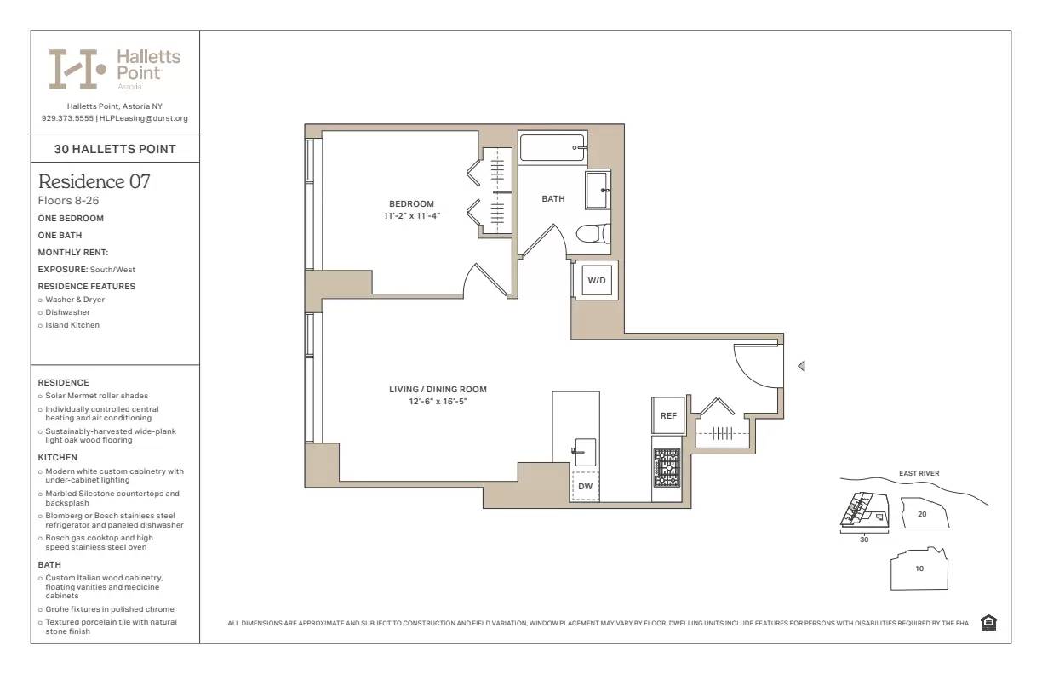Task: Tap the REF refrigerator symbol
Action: pyautogui.click(x=668, y=415)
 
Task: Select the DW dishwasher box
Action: pyautogui.click(x=585, y=486)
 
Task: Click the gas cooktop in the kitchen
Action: pyautogui.click(x=667, y=467)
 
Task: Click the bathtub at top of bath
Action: pyautogui.click(x=552, y=147)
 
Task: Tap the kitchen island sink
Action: pyautogui.click(x=585, y=451)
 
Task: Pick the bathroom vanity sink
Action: pyautogui.click(x=597, y=189)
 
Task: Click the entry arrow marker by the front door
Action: pyautogui.click(x=801, y=366)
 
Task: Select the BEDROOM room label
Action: pyautogui.click(x=411, y=203)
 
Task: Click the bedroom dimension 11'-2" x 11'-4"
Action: pyautogui.click(x=411, y=215)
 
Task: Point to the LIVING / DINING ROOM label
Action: pyautogui.click(x=438, y=390)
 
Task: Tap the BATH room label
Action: pyautogui.click(x=553, y=199)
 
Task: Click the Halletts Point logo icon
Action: pyautogui.click(x=77, y=69)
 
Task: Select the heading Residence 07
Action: pyautogui.click(x=94, y=181)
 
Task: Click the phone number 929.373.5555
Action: pyautogui.click(x=67, y=118)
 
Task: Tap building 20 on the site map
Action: pyautogui.click(x=922, y=514)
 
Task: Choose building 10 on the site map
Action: pyautogui.click(x=919, y=568)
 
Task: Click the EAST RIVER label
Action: pyautogui.click(x=919, y=474)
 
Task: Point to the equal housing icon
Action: pyautogui.click(x=988, y=623)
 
